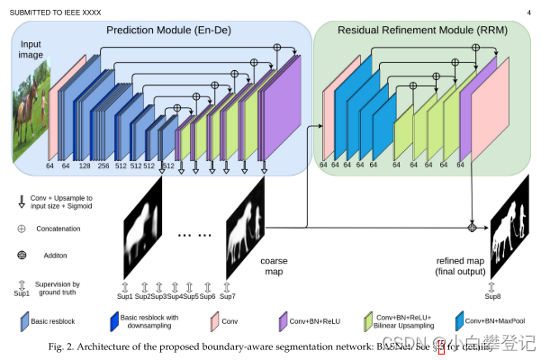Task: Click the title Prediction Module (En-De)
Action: tap(170, 31)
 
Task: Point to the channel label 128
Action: tap(85, 166)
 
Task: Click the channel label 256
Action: tap(104, 166)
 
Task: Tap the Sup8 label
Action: tap(492, 295)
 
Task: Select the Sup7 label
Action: tap(228, 295)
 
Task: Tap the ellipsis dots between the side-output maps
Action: tap(194, 235)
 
